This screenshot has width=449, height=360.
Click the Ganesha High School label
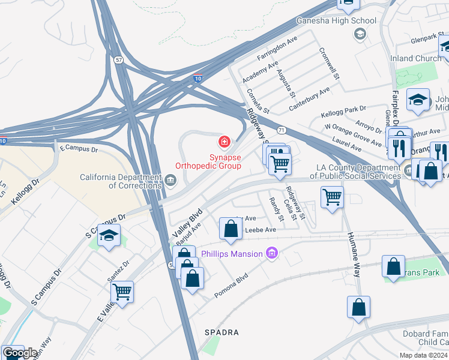[x=337, y=20]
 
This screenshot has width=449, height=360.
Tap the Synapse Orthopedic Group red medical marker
[x=224, y=142]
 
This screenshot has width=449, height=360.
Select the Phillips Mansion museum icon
[x=272, y=253]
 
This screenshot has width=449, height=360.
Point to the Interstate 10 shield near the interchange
[x=198, y=78]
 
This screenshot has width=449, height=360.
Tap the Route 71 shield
[x=281, y=130]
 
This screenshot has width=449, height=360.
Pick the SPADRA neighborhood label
[x=221, y=332]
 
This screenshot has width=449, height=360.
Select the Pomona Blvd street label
[x=231, y=289]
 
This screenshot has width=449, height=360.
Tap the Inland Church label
[x=419, y=58]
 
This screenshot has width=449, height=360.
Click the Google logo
[x=20, y=353]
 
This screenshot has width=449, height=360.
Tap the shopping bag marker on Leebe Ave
[x=231, y=229]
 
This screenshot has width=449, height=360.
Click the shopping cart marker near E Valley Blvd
[x=122, y=292]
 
